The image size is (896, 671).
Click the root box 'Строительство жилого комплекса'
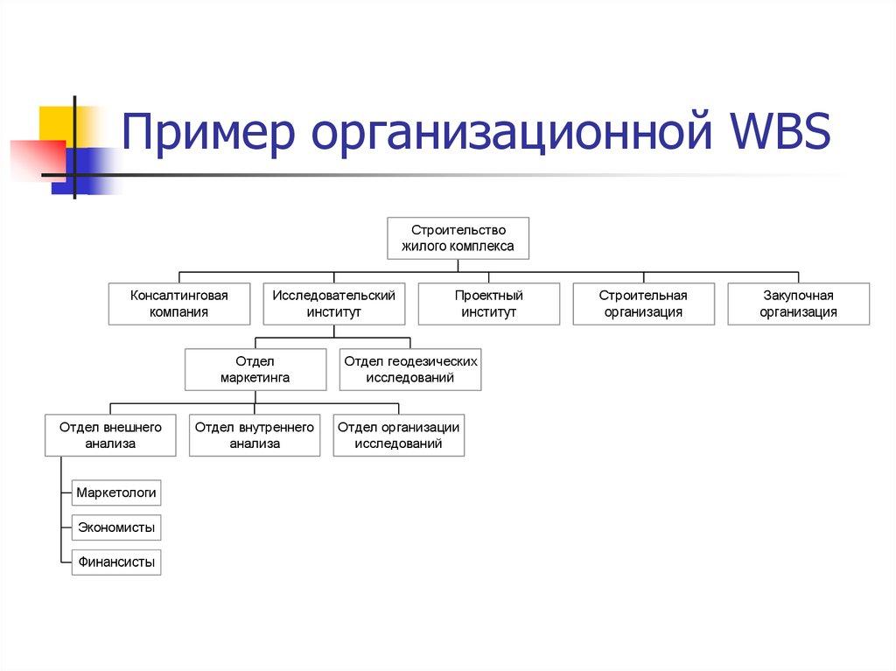(x=458, y=238)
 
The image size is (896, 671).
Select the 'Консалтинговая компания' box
(x=179, y=304)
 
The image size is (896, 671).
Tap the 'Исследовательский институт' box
(x=334, y=304)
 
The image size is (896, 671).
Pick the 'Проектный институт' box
(x=488, y=304)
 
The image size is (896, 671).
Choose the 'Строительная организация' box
(x=643, y=304)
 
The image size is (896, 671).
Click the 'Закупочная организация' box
(x=798, y=304)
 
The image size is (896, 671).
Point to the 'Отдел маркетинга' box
(x=255, y=369)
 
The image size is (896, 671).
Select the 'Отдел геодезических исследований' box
(x=410, y=369)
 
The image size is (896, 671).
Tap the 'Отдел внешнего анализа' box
(x=111, y=435)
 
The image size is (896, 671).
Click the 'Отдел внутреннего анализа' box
(x=255, y=435)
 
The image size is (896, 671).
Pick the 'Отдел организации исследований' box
(x=399, y=435)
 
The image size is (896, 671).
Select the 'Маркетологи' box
(x=116, y=493)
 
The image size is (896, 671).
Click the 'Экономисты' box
(x=116, y=528)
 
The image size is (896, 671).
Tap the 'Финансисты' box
(x=116, y=562)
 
